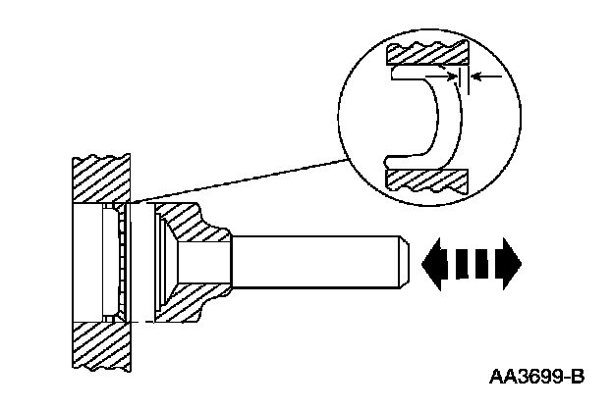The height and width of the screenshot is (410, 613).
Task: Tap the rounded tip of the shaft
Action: (402, 263)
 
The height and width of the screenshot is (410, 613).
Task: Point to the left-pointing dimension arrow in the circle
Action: (485, 75)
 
